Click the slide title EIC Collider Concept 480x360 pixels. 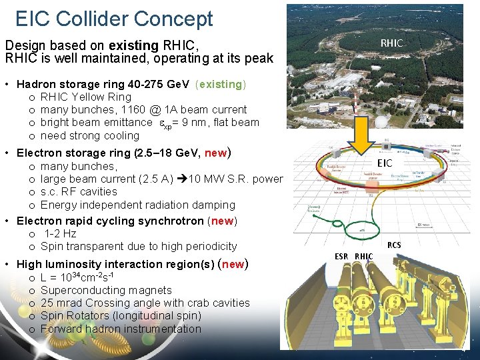point(114,19)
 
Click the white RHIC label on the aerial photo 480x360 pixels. point(391,43)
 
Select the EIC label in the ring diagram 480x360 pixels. point(385,163)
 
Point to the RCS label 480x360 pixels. point(395,245)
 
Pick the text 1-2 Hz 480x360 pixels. point(60,233)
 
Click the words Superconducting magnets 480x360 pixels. point(106,290)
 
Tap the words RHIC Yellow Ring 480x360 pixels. point(86,97)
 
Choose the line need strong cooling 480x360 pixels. point(90,135)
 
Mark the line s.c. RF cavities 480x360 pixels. point(79,192)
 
